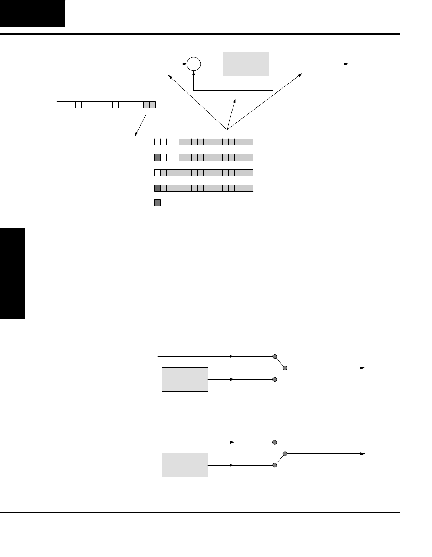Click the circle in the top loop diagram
tap(194, 64)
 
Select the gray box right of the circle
tap(246, 64)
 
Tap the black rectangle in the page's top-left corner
tap(32, 14)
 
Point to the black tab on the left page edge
tap(12, 274)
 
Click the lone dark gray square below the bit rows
tap(157, 203)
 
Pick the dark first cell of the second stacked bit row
tap(157, 158)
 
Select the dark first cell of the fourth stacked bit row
tap(157, 188)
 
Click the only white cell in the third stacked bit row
tap(157, 173)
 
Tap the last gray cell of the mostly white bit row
tap(152, 105)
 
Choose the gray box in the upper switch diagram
tap(185, 380)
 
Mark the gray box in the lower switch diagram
tap(185, 465)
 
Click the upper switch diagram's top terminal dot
tap(275, 356)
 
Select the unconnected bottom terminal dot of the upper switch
tap(275, 380)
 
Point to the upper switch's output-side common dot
tap(285, 368)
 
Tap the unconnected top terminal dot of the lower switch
tap(275, 442)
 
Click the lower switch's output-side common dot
tap(285, 453)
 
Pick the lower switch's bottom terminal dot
tap(275, 465)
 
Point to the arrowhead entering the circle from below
tap(194, 73)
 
